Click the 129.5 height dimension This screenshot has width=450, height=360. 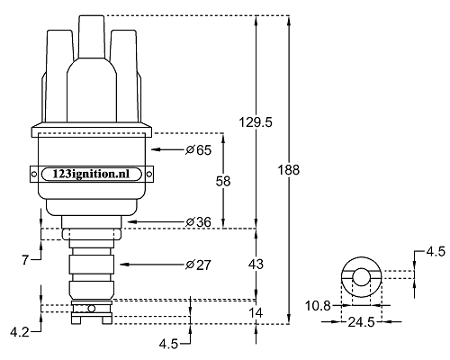[256, 122]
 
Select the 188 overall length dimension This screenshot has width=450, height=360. [289, 170]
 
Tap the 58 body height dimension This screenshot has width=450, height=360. [223, 181]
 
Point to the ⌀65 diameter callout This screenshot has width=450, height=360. [198, 149]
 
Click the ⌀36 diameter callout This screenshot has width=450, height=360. [198, 222]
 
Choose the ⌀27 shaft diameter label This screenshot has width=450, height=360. [198, 265]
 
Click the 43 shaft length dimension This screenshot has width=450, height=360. [256, 264]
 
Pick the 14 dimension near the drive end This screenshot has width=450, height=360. [256, 313]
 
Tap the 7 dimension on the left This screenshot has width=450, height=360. [25, 260]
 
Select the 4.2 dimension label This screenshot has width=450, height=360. [20, 332]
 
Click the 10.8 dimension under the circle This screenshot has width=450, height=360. [318, 306]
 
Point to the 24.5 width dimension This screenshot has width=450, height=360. [362, 322]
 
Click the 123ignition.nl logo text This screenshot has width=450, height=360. [91, 174]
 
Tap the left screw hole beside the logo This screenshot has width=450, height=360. [34, 174]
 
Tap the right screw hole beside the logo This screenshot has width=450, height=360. [148, 174]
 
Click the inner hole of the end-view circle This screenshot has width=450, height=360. [361, 277]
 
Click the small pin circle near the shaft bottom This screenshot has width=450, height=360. [92, 309]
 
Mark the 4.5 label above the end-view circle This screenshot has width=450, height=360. [436, 252]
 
